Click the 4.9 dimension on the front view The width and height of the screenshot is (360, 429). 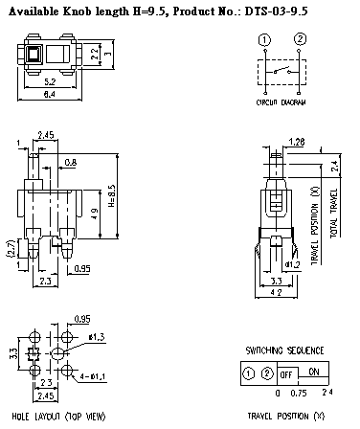click(x=96, y=211)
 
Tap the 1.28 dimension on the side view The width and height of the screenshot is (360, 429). click(x=296, y=142)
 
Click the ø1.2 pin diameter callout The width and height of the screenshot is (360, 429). click(x=293, y=261)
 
